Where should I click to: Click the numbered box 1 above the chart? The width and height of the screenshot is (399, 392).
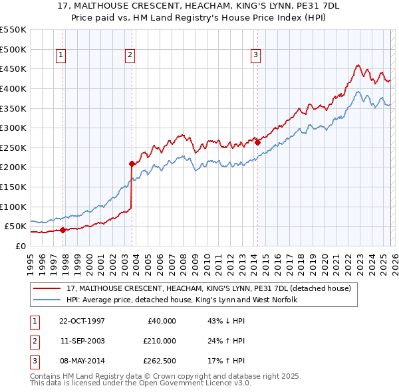(61, 55)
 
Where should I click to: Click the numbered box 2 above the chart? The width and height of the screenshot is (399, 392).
(130, 55)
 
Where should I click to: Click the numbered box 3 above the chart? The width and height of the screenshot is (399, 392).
(255, 55)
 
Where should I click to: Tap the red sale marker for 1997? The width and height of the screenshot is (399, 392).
(63, 231)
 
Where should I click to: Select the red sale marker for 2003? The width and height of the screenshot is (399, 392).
(132, 163)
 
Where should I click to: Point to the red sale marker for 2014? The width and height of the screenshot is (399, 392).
(257, 142)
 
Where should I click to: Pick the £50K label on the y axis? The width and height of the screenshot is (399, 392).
(16, 227)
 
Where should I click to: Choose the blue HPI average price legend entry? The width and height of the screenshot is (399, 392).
(181, 300)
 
